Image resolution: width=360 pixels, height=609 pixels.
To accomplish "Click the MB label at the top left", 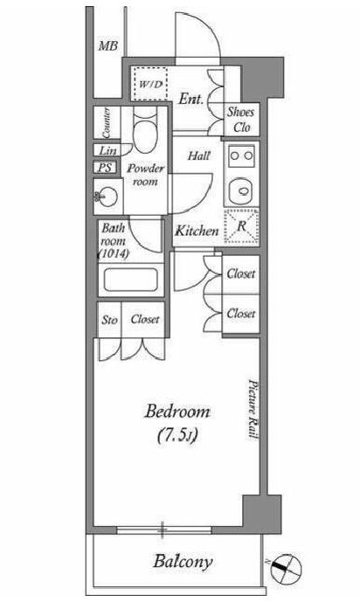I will (107, 45).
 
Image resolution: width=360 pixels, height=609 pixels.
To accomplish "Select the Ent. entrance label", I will (190, 100).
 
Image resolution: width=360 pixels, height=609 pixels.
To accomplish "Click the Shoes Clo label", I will (240, 119).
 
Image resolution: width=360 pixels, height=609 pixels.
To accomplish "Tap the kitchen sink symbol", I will (239, 190).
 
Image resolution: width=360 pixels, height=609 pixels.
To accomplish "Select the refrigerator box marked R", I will (241, 226).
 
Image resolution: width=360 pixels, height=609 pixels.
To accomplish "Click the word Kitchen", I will (196, 232).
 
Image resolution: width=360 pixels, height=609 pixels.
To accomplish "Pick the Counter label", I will (106, 121).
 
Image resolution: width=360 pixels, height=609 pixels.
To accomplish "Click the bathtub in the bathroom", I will (129, 281).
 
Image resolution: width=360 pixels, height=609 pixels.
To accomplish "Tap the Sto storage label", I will (110, 320).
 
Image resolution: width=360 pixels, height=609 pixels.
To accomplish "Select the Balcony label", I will (186, 562).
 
